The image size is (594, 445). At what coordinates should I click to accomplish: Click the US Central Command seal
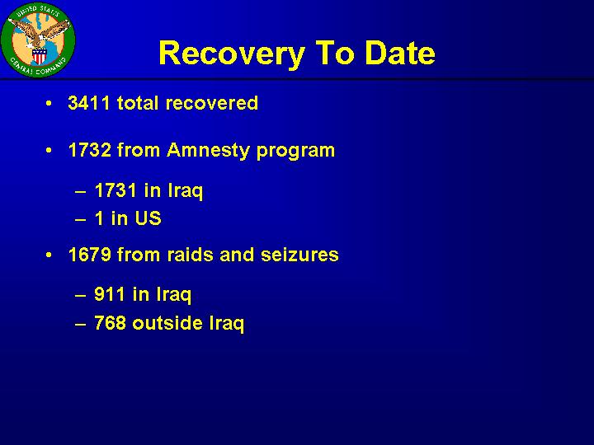pyautogui.click(x=38, y=40)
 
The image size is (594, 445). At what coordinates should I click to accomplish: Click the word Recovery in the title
pyautogui.click(x=232, y=54)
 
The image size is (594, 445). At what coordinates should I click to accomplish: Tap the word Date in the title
pyautogui.click(x=400, y=52)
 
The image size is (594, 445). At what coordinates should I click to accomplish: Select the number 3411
pyautogui.click(x=89, y=103)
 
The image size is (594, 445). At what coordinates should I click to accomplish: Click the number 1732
pyautogui.click(x=90, y=150)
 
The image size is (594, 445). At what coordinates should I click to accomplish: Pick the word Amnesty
pyautogui.click(x=208, y=151)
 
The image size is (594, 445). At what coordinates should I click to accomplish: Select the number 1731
pyautogui.click(x=115, y=190)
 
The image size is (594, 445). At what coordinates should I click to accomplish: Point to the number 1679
pyautogui.click(x=90, y=255)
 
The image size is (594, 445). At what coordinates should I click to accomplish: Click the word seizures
pyautogui.click(x=299, y=255)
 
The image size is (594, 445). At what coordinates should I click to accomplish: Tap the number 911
pyautogui.click(x=109, y=294)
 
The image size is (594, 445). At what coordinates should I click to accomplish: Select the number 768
pyautogui.click(x=110, y=323)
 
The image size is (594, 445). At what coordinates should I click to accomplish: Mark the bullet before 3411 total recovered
pyautogui.click(x=49, y=103)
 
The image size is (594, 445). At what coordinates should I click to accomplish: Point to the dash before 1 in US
pyautogui.click(x=80, y=219)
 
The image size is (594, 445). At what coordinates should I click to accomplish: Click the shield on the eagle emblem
pyautogui.click(x=39, y=57)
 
